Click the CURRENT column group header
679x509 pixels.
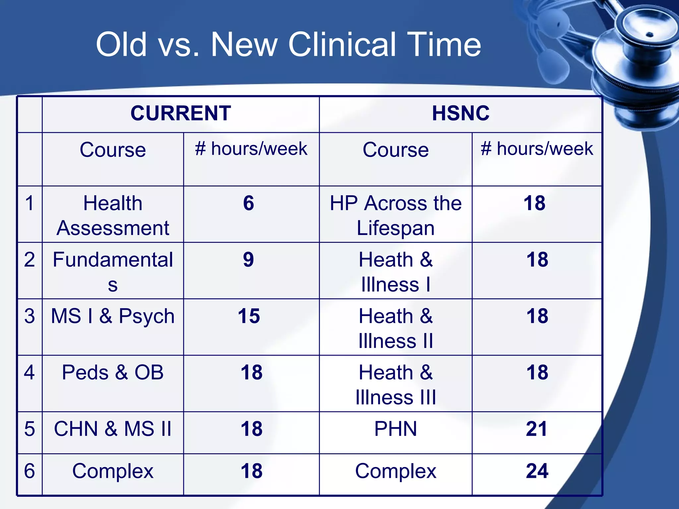[x=181, y=113]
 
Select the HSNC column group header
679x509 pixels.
[x=461, y=113]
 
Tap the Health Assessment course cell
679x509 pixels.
[x=113, y=215]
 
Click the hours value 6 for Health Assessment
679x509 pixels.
[x=249, y=203]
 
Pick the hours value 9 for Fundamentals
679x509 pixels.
[x=249, y=259]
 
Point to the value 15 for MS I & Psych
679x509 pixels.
[x=249, y=316]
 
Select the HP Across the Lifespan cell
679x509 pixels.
[x=396, y=215]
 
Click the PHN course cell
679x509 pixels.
[x=396, y=429]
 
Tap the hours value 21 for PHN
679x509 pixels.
[x=536, y=429]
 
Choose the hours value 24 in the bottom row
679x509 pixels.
[x=537, y=471]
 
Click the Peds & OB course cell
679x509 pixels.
[x=113, y=372]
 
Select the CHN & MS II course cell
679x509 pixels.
[x=113, y=429]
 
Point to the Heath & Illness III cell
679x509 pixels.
[x=396, y=385]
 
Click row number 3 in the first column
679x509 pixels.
[x=30, y=316]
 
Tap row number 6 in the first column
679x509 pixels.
[x=30, y=471]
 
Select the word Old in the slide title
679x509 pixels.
[x=121, y=44]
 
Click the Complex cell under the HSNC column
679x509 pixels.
[x=396, y=471]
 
